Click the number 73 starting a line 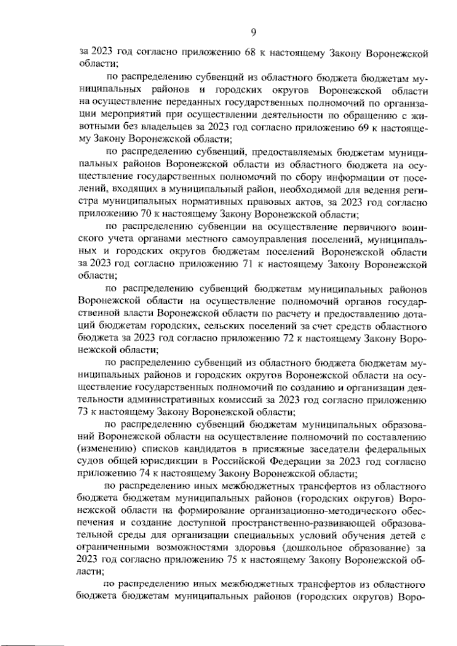[x=83, y=412]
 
